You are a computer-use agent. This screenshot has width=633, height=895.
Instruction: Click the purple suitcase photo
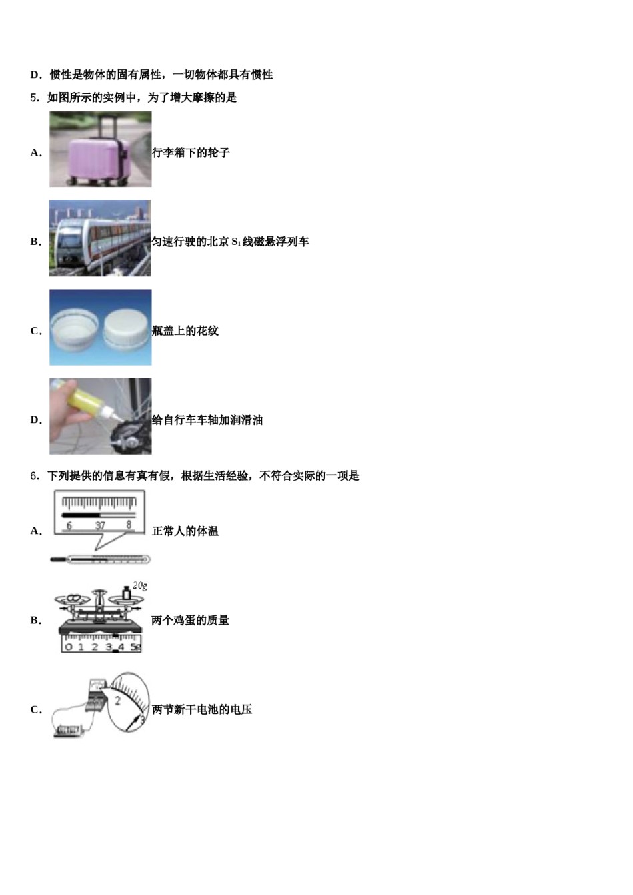pyautogui.click(x=100, y=149)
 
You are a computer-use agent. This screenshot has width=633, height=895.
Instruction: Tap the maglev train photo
pyautogui.click(x=99, y=238)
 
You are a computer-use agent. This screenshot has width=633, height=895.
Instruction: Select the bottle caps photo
pyautogui.click(x=100, y=327)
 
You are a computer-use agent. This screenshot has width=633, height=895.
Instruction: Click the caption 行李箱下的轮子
pyautogui.click(x=191, y=153)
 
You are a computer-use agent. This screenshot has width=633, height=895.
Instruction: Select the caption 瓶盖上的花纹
pyautogui.click(x=185, y=331)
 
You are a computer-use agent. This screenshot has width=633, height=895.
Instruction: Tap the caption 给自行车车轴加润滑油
pyautogui.click(x=207, y=420)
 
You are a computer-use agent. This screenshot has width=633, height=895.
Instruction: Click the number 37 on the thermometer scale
pyautogui.click(x=100, y=525)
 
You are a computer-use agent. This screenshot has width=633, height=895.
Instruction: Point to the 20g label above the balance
pyautogui.click(x=139, y=586)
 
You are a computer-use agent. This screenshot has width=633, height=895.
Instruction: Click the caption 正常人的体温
pyautogui.click(x=185, y=531)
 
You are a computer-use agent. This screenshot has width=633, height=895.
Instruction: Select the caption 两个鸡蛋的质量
pyautogui.click(x=191, y=621)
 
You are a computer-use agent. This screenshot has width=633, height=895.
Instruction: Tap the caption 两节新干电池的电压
pyautogui.click(x=202, y=710)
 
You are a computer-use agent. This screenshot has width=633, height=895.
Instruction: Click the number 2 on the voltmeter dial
pyautogui.click(x=117, y=701)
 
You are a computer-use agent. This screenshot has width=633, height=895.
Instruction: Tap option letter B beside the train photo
pyautogui.click(x=35, y=242)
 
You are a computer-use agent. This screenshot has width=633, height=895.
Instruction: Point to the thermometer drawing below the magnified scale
pyautogui.click(x=97, y=559)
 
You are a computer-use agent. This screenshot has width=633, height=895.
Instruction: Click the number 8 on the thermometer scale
pyautogui.click(x=129, y=525)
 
